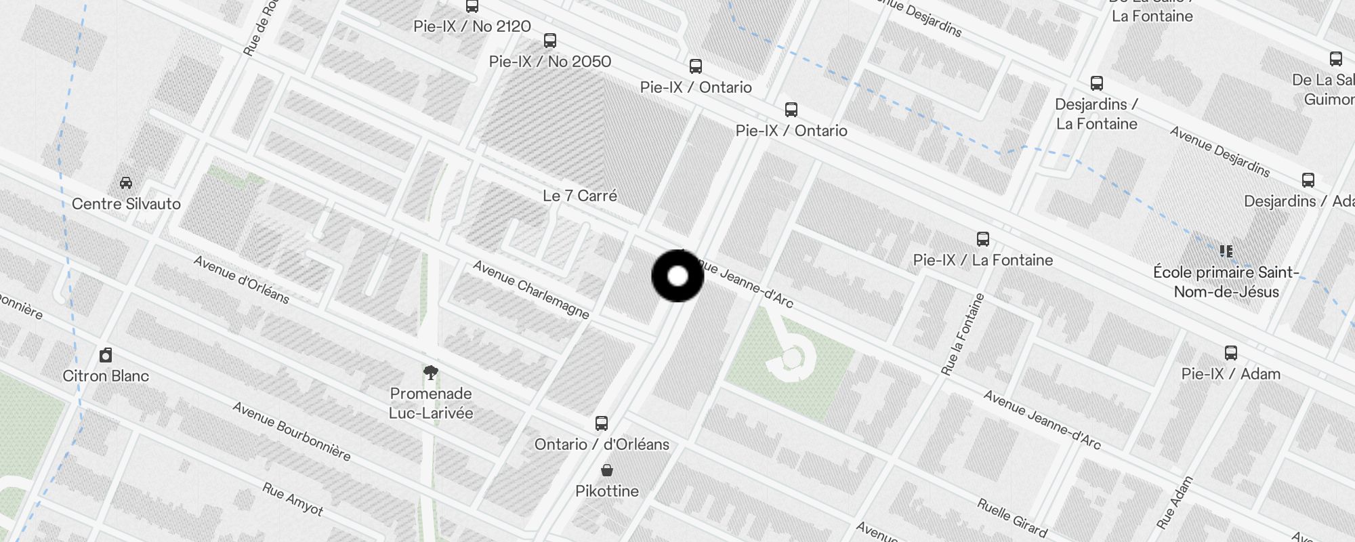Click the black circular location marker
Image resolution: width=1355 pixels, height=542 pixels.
pyautogui.click(x=677, y=276)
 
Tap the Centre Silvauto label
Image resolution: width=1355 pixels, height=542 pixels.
pyautogui.click(x=126, y=204)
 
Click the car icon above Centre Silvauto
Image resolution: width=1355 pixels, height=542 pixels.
pyautogui.click(x=126, y=182)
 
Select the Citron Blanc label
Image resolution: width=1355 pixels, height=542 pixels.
pyautogui.click(x=106, y=376)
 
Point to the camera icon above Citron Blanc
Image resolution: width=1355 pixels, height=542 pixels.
pyautogui.click(x=106, y=355)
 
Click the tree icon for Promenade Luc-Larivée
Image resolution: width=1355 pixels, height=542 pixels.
pyautogui.click(x=431, y=372)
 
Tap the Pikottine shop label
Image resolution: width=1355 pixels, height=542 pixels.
pyautogui.click(x=607, y=491)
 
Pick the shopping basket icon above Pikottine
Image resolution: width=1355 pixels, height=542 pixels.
pyautogui.click(x=607, y=470)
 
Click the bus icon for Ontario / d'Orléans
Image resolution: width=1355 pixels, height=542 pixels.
pyautogui.click(x=601, y=423)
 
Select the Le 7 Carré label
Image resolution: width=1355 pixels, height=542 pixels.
pyautogui.click(x=580, y=196)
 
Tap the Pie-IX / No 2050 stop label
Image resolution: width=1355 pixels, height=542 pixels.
pyautogui.click(x=550, y=62)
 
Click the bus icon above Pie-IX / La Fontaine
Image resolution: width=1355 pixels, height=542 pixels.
pyautogui.click(x=983, y=238)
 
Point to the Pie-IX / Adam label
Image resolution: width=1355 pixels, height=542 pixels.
pyautogui.click(x=1231, y=374)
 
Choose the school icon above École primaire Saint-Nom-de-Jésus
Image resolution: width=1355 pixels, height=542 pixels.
pyautogui.click(x=1226, y=251)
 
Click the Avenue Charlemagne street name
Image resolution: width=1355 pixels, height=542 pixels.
pyautogui.click(x=531, y=289)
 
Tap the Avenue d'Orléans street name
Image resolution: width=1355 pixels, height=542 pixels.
pyautogui.click(x=241, y=279)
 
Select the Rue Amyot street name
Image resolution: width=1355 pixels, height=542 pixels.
pyautogui.click(x=293, y=499)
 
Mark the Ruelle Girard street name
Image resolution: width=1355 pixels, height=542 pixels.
pyautogui.click(x=1012, y=518)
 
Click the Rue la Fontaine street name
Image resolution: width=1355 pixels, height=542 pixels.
pyautogui.click(x=962, y=334)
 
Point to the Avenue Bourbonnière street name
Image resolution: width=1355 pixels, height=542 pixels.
pyautogui.click(x=291, y=431)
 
